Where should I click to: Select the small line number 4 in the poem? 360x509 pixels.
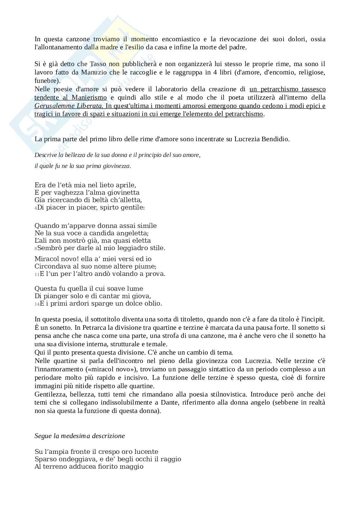(36, 208)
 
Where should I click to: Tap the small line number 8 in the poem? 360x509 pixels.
(36, 249)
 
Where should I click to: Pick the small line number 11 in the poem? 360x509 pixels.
(37, 274)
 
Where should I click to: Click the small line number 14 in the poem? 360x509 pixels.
(37, 304)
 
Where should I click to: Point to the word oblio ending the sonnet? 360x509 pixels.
(154, 303)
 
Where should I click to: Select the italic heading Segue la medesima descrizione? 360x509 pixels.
(79, 436)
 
